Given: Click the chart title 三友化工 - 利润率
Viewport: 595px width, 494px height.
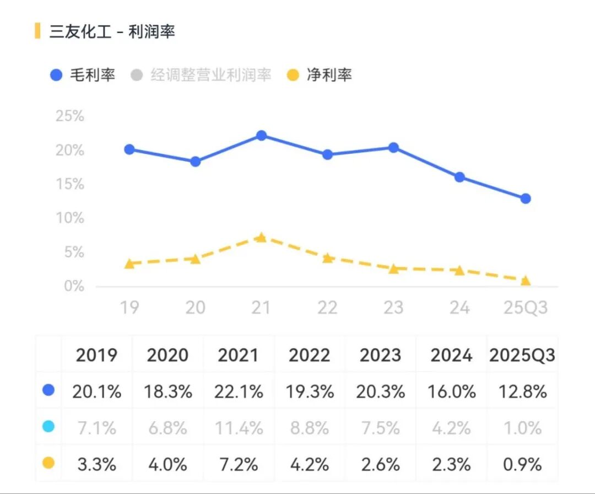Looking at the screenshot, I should (112, 31).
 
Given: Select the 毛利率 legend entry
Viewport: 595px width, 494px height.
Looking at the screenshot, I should (83, 75).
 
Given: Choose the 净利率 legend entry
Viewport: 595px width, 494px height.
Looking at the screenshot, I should (320, 75).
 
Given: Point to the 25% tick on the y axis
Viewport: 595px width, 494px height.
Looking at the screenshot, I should (70, 116).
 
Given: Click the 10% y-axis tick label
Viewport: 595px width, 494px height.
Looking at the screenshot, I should (70, 218).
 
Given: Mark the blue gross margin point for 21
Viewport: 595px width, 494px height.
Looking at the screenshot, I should (261, 136).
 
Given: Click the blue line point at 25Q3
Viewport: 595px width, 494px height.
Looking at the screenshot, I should (526, 198).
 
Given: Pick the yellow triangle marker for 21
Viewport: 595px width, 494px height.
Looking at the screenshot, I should (261, 238).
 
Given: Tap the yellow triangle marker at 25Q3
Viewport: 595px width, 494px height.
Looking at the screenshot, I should (526, 281).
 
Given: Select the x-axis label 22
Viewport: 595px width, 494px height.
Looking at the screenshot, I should (327, 308).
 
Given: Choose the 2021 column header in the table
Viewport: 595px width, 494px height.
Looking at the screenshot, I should (239, 356).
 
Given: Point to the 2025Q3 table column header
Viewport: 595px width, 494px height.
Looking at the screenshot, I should (522, 356).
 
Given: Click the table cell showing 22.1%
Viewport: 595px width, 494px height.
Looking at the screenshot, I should (239, 392).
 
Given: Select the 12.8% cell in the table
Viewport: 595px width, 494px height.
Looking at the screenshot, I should (522, 392).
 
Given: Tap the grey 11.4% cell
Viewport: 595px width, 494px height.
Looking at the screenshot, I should (239, 428).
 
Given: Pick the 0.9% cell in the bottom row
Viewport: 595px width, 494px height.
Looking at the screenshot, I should (522, 464).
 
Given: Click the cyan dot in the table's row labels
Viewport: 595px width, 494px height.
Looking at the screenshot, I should (48, 427).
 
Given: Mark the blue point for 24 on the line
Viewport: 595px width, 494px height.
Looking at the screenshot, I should (459, 177).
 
